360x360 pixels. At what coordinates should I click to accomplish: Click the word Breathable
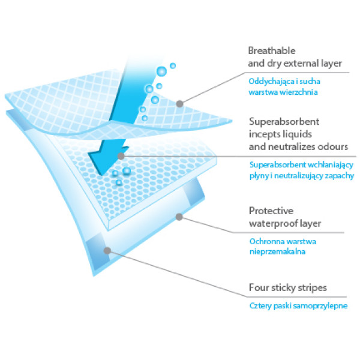pyautogui.click(x=272, y=51)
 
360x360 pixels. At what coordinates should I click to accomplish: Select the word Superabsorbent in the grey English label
pyautogui.click(x=284, y=121)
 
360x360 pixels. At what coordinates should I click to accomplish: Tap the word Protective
pyautogui.click(x=271, y=211)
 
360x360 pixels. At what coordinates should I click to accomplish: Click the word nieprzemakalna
pyautogui.click(x=277, y=252)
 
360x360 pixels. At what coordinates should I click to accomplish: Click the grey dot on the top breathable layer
pyautogui.click(x=179, y=104)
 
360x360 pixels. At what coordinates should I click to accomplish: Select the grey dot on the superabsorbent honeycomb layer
pyautogui.click(x=121, y=157)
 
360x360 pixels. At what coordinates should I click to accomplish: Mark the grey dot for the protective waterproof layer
pyautogui.click(x=179, y=217)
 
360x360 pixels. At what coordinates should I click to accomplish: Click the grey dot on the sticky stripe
pyautogui.click(x=107, y=250)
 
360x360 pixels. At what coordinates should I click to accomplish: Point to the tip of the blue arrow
pyautogui.click(x=101, y=175)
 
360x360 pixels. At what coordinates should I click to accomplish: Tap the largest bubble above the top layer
pyautogui.click(x=161, y=71)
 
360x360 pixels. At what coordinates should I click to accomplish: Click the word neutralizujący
pyautogui.click(x=296, y=176)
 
